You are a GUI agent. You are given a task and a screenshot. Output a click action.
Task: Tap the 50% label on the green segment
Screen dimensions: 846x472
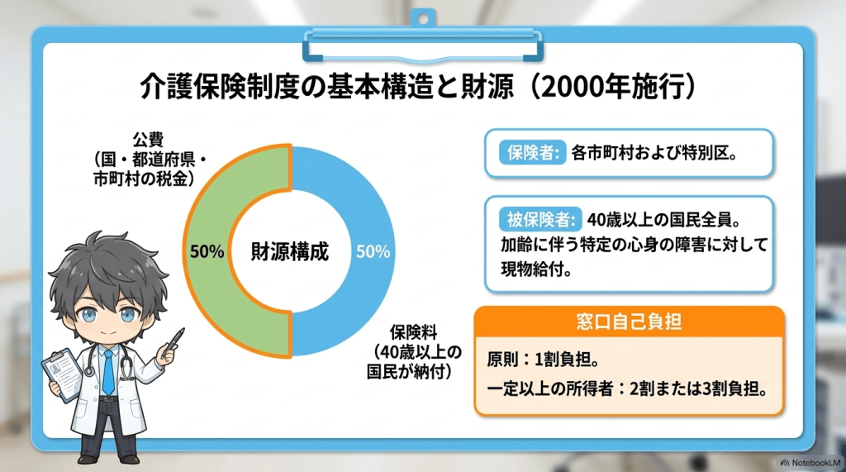207,251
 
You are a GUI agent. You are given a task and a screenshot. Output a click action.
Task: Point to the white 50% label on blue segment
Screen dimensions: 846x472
373,251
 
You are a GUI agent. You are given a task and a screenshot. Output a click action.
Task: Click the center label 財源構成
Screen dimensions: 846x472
290,251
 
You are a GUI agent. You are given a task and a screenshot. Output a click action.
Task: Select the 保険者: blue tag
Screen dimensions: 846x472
532,153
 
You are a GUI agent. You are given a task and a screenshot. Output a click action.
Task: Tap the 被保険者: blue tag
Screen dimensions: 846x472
540,220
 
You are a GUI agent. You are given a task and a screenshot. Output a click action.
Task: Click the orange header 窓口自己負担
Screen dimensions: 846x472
629,322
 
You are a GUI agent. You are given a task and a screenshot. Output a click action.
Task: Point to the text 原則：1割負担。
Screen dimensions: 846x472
543,359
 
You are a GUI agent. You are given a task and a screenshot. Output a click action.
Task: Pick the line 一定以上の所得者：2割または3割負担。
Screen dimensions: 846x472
628,389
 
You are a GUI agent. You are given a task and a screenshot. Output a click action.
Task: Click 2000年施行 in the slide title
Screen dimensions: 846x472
612,87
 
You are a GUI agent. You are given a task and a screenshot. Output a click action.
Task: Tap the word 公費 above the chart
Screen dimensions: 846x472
148,140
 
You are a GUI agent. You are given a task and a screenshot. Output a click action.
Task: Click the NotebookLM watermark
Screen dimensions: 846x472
810,463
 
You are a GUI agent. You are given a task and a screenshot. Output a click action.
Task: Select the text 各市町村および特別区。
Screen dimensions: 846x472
654,153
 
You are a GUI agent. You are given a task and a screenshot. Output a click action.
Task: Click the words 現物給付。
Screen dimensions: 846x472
536,269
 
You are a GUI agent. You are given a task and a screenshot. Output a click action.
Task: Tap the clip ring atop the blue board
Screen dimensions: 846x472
423,18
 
